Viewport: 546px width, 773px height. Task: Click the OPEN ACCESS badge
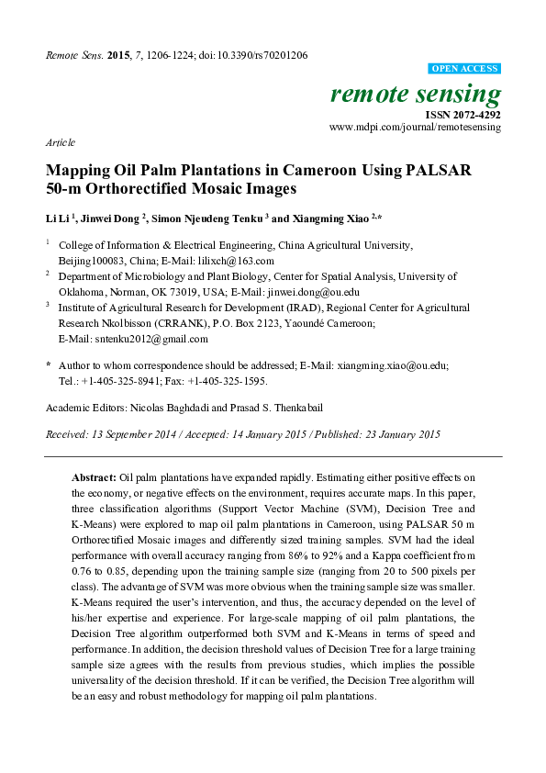click(x=465, y=69)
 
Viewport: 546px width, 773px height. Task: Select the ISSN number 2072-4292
click(x=474, y=115)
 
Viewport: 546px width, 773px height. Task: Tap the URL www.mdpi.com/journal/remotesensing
click(x=415, y=128)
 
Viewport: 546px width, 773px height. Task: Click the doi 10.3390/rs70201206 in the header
click(x=258, y=55)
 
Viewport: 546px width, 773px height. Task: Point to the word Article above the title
click(x=60, y=143)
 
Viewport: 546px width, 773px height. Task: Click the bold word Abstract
click(x=94, y=478)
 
